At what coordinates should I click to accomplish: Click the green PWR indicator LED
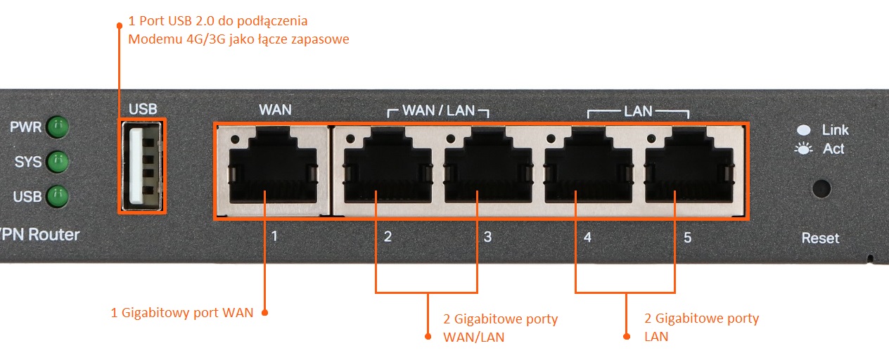pyautogui.click(x=56, y=128)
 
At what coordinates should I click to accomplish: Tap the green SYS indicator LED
pyautogui.click(x=56, y=162)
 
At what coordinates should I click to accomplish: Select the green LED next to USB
pyautogui.click(x=56, y=195)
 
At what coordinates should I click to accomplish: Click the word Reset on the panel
pyautogui.click(x=820, y=238)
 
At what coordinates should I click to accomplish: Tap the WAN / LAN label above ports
pyautogui.click(x=438, y=111)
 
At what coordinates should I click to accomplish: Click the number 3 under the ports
pyautogui.click(x=487, y=238)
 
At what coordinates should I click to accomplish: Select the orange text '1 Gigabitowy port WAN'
pyautogui.click(x=181, y=312)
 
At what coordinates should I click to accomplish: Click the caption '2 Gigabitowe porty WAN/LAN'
pyautogui.click(x=500, y=328)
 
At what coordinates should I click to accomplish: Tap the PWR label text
pyautogui.click(x=25, y=128)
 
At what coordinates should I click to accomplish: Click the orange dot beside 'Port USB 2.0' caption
pyautogui.click(x=119, y=25)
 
